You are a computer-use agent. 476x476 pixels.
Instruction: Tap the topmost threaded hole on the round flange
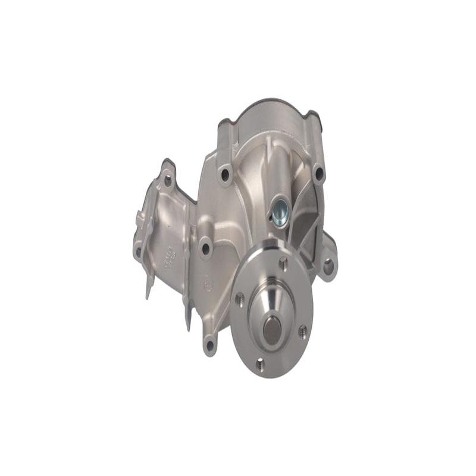pos(283,262)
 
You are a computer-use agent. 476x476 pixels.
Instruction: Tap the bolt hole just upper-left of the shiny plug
pos(225,174)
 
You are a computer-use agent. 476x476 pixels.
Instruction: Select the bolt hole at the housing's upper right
pos(318,173)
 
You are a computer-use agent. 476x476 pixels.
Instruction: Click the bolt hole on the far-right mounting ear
pos(328,267)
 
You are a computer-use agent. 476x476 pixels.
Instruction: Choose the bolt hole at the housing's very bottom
pos(209,345)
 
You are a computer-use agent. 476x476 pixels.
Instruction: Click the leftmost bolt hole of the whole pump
pos(139,251)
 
